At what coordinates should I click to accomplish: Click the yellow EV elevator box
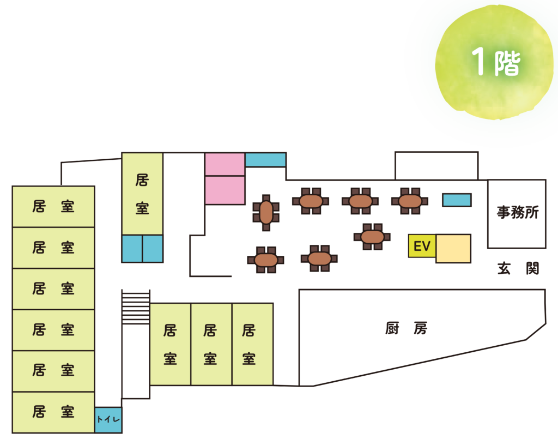coord(422,246)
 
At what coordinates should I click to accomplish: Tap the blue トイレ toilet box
coord(108,420)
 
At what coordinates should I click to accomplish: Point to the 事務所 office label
coord(517,213)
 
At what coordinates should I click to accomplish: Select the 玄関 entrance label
coord(518,268)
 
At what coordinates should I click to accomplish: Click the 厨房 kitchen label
coord(407,328)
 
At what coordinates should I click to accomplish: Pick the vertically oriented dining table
coord(266,212)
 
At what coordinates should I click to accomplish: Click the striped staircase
coord(136,307)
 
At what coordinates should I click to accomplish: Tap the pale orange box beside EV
coord(453,248)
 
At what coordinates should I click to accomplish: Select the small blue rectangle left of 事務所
coord(457,200)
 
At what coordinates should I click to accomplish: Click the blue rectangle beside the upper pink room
coord(265,160)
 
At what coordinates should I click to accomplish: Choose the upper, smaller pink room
coord(225,164)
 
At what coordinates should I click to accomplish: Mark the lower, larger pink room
coord(225,190)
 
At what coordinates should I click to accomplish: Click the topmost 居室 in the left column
coord(53,207)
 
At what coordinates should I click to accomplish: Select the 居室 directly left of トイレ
coord(53,412)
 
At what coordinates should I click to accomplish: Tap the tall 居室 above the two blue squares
coord(142,194)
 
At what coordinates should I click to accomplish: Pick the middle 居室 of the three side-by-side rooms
coord(211,344)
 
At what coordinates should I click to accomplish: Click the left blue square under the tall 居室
coord(132,249)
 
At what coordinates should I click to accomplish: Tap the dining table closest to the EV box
coord(372,237)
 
